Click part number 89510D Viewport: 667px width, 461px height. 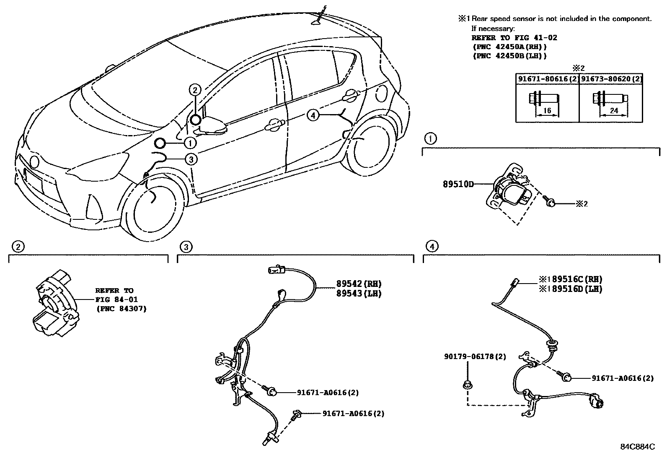tap(458, 184)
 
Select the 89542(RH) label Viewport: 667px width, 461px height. tap(359, 284)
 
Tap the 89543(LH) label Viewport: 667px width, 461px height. tap(359, 293)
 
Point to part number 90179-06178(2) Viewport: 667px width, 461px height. tap(475, 357)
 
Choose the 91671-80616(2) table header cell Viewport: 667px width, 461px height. tap(547, 78)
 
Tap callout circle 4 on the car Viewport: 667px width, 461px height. tap(313, 115)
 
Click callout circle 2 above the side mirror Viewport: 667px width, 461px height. tap(195, 89)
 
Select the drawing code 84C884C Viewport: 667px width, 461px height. tap(637, 447)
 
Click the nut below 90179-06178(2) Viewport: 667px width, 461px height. tap(467, 383)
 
